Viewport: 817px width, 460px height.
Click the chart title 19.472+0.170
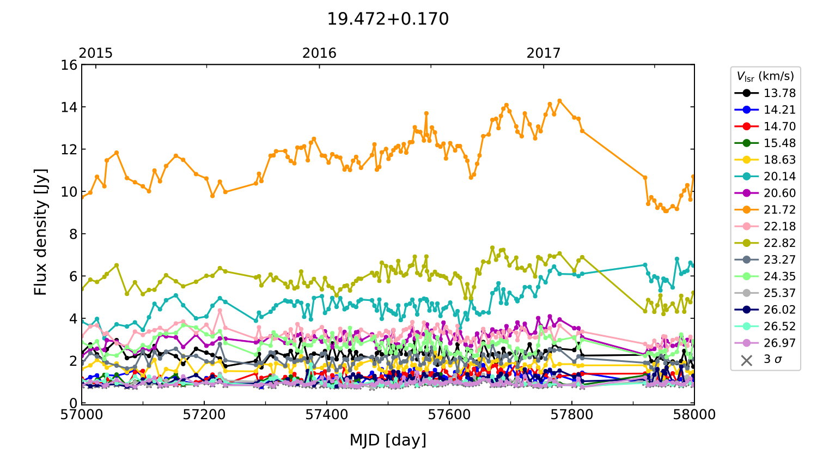pos(388,19)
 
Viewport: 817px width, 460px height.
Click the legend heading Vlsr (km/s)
pos(765,76)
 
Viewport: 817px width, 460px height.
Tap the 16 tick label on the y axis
pos(69,65)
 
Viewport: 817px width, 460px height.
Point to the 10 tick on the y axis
pos(69,192)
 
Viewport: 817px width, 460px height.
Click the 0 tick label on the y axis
pos(73,403)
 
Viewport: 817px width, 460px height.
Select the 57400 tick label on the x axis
pos(327,415)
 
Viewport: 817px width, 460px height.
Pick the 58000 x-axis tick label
pos(694,415)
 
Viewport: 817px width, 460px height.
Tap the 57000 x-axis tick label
pos(82,415)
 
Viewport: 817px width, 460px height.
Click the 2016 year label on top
pos(319,53)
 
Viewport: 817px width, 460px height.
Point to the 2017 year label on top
pos(543,53)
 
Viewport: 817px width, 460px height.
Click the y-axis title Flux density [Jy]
pos(41,232)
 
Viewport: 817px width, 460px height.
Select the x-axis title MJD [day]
pos(388,440)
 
